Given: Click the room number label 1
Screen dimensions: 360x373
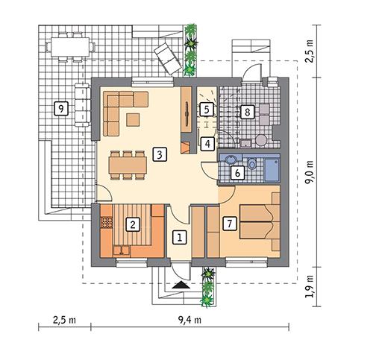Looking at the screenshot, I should pyautogui.click(x=178, y=238).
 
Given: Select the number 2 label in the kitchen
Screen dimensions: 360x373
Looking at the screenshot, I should pyautogui.click(x=132, y=222).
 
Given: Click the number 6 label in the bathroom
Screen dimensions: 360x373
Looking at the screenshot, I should pyautogui.click(x=236, y=173).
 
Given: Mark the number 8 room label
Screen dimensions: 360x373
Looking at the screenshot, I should pyautogui.click(x=247, y=113).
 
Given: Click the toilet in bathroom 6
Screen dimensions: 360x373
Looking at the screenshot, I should pyautogui.click(x=252, y=163).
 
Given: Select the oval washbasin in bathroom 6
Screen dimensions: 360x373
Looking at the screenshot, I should pyautogui.click(x=230, y=160).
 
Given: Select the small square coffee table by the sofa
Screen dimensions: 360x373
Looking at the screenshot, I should pyautogui.click(x=134, y=119).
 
